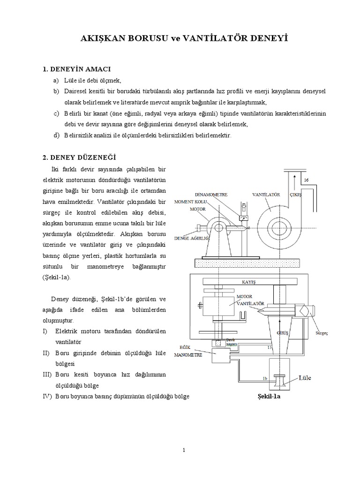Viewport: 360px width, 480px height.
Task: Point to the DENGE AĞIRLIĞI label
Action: pyautogui.click(x=191, y=237)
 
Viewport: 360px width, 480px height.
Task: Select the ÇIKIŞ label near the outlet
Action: pyautogui.click(x=297, y=193)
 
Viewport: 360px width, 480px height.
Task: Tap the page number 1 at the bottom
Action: pyautogui.click(x=184, y=450)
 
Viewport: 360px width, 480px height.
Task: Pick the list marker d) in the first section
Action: pyautogui.click(x=56, y=135)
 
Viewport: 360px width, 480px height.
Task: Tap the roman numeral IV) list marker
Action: pyautogui.click(x=47, y=397)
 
